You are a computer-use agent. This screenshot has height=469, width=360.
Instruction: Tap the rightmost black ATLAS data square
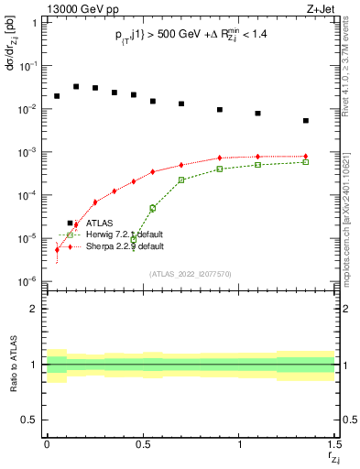tap(306, 120)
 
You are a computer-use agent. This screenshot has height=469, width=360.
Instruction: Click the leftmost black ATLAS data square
tap(57, 95)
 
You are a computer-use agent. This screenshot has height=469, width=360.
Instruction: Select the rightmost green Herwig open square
tap(306, 161)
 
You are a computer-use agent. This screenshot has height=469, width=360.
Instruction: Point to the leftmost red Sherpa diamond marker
tap(57, 249)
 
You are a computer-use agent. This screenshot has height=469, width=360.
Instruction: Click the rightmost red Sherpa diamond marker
tap(306, 157)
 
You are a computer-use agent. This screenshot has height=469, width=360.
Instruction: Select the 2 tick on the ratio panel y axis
tap(34, 309)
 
